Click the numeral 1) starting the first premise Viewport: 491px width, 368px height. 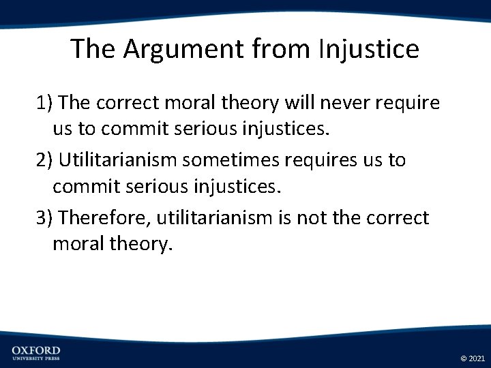point(44,103)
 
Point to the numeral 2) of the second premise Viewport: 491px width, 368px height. point(44,160)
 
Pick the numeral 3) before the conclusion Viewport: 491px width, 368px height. point(44,218)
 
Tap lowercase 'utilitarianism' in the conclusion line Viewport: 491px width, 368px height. point(212,218)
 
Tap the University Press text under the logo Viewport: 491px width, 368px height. point(36,358)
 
